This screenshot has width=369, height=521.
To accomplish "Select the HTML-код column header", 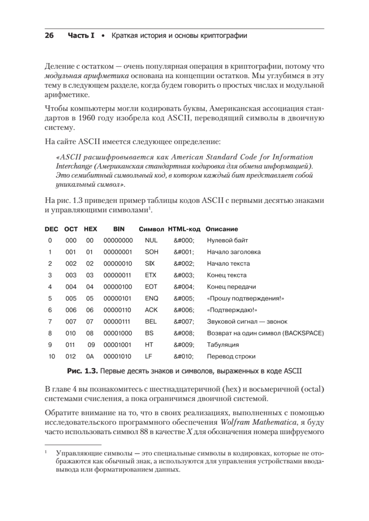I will pyautogui.click(x=184, y=229).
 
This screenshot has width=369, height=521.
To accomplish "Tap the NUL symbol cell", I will pyautogui.click(x=150, y=240).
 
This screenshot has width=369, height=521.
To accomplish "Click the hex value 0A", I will pyautogui.click(x=90, y=357).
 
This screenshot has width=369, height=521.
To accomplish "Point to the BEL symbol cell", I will pyautogui.click(x=150, y=322).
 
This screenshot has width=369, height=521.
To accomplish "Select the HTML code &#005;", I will pyautogui.click(x=184, y=298).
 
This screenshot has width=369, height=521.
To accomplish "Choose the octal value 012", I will pyautogui.click(x=71, y=357).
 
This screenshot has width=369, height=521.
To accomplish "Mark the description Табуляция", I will pyautogui.click(x=223, y=345).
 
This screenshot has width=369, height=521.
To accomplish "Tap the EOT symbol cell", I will pyautogui.click(x=150, y=287).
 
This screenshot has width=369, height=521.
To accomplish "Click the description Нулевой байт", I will pyautogui.click(x=228, y=240).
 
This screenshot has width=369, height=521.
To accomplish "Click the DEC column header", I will pyautogui.click(x=51, y=229).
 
